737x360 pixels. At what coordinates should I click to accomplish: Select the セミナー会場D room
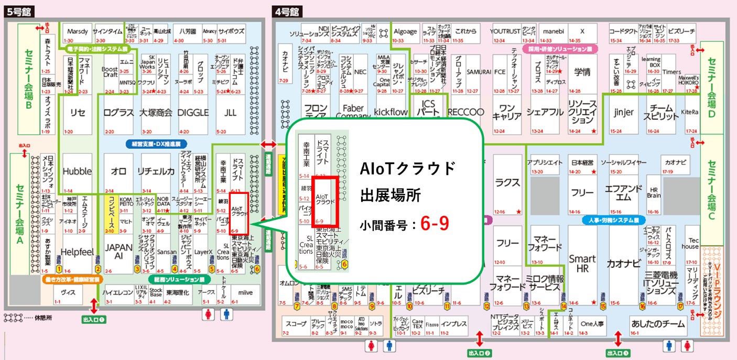click(711, 88)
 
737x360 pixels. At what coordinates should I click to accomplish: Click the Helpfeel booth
click(77, 252)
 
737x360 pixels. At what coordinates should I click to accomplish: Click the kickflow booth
click(391, 112)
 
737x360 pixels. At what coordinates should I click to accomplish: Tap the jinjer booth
click(623, 113)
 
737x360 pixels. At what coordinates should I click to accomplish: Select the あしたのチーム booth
click(658, 324)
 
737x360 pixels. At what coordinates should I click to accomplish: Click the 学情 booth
click(582, 72)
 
